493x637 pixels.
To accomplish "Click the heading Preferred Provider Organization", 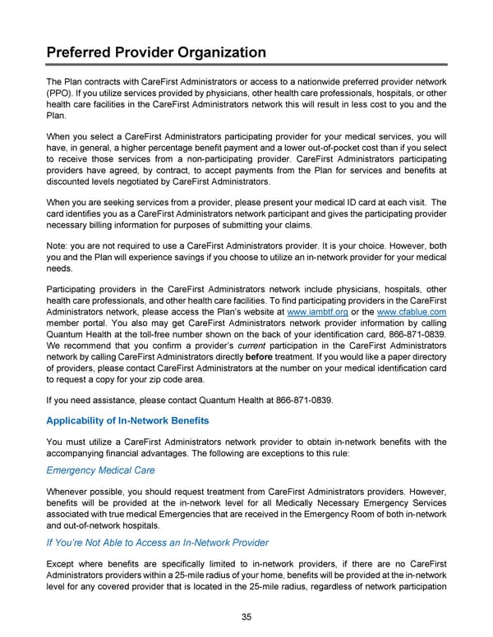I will [155, 53].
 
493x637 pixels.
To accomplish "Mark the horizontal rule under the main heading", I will [246, 66].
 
